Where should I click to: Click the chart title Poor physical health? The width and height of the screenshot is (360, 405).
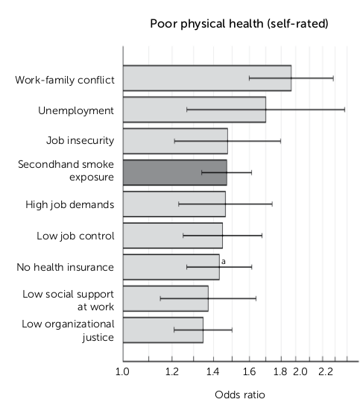click(239, 24)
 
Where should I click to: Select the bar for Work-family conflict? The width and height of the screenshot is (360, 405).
click(206, 78)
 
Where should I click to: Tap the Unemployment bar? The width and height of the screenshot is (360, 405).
click(194, 109)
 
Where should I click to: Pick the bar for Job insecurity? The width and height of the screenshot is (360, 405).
click(174, 140)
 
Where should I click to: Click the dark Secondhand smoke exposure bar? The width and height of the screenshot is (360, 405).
click(174, 172)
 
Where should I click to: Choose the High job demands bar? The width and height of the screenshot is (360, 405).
click(174, 204)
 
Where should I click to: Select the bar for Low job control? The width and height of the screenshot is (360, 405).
click(172, 235)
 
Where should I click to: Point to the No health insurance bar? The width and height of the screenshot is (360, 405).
click(171, 266)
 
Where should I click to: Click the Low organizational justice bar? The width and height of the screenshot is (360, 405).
click(162, 330)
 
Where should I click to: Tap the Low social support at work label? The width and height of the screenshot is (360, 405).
click(68, 298)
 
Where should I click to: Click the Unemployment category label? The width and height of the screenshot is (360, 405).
click(76, 110)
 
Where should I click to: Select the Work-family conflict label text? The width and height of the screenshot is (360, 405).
click(65, 79)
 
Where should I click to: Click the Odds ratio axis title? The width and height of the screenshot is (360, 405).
click(234, 394)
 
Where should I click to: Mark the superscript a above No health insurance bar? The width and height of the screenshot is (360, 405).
click(223, 260)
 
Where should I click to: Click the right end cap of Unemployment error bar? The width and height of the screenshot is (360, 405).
click(344, 109)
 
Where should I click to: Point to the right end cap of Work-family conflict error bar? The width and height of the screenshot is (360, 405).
click(332, 78)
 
